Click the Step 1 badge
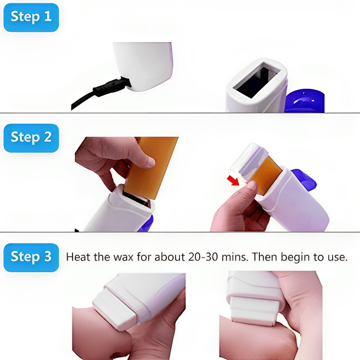tap(31, 17)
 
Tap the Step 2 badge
tap(31, 138)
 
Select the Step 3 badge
tap(31, 257)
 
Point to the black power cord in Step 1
tap(82, 100)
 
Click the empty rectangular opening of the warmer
tap(256, 80)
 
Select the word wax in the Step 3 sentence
tap(125, 257)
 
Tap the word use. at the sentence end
tap(336, 257)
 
